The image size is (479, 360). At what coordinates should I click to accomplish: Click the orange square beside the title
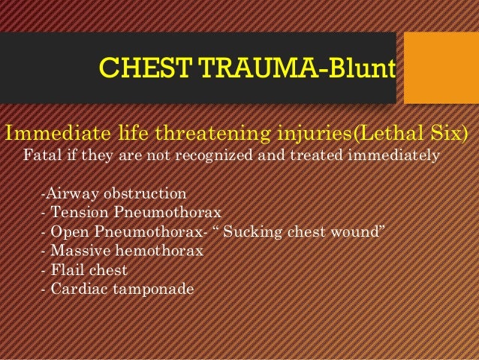coord(441,68)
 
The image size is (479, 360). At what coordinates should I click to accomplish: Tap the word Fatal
coord(42,156)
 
